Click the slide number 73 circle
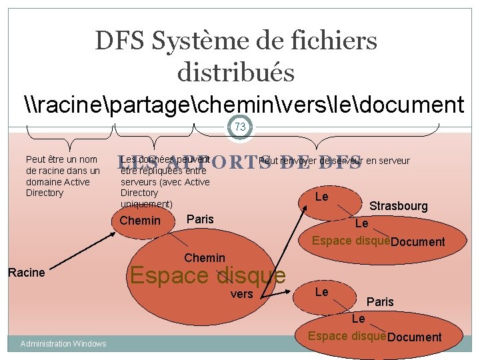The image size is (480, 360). [240, 127]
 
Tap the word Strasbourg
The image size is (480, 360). [399, 206]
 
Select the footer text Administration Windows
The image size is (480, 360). [63, 343]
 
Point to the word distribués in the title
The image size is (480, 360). [236, 72]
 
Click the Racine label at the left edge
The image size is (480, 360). [26, 272]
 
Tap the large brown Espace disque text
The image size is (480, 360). [207, 275]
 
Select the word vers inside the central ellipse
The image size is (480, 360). [241, 294]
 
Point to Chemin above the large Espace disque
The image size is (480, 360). [204, 258]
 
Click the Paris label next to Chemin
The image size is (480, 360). [201, 219]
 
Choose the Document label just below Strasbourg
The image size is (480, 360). [418, 242]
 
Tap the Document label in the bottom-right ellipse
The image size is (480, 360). [414, 337]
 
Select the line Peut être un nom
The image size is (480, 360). [61, 159]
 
